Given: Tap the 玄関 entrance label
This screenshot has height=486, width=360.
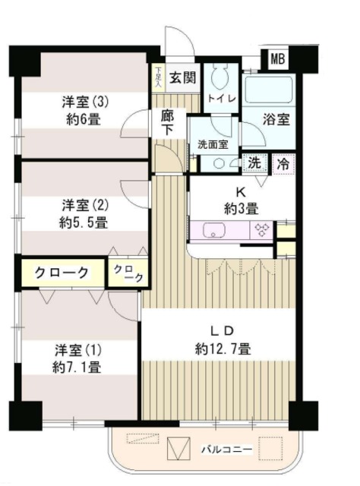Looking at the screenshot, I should coord(182,76).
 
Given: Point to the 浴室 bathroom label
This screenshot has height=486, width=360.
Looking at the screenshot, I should coord(276,120).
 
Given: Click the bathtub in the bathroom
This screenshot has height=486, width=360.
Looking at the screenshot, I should coord(270,92).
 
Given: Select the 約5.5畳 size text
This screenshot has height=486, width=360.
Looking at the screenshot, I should coord(84,222).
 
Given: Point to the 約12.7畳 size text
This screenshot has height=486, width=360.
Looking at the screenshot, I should coord(223,349).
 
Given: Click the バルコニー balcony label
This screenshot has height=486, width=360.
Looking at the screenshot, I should coord(226,449).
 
